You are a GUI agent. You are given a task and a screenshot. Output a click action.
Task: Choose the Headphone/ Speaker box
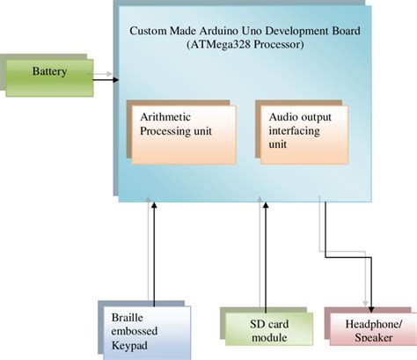coord(369,334)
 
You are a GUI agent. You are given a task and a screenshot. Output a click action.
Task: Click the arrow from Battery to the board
coord(104,79)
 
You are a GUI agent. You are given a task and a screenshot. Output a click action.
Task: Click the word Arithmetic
coord(168,117)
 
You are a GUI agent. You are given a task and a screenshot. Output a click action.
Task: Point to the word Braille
coord(128,318)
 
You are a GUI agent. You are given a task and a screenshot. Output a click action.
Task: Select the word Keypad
coord(130,347)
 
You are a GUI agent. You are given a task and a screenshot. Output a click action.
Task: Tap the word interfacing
coord(290,133)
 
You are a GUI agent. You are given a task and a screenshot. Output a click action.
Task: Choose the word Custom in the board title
coord(150,30)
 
